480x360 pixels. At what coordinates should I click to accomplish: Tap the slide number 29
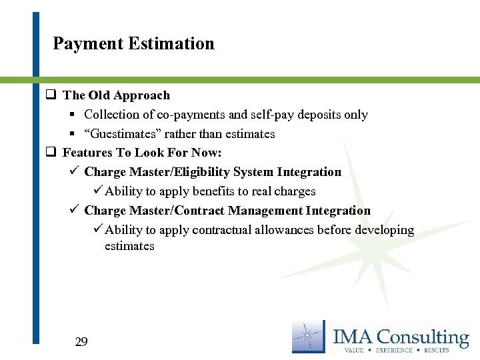81,343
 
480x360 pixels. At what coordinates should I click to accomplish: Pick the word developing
383,230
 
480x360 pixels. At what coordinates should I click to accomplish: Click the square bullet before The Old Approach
50,95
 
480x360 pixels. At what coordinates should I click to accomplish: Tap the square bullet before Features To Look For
50,153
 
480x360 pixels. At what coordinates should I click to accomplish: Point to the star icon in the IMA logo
308,337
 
